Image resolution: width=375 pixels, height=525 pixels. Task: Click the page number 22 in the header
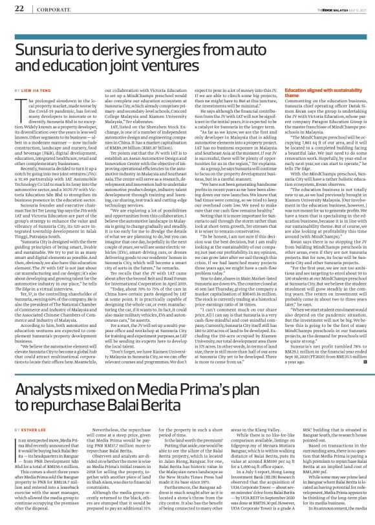tap(19, 8)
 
